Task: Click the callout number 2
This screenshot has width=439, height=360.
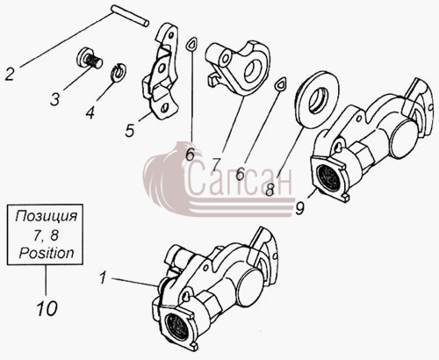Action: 9,74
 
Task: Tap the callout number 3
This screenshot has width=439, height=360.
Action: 54,98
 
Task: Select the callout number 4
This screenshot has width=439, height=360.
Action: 90,112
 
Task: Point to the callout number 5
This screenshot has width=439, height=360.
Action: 130,130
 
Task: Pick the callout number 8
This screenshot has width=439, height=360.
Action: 270,189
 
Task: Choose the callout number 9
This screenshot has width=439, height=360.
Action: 300,208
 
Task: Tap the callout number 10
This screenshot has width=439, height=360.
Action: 47,308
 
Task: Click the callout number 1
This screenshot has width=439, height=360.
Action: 103,278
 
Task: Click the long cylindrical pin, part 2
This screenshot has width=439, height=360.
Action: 130,17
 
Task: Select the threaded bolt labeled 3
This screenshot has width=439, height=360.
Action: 89,60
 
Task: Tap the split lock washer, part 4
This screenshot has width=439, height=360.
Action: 119,72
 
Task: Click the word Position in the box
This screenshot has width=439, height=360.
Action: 47,253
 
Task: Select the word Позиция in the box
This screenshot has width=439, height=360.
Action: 47,217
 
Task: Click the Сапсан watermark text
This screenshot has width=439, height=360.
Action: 240,178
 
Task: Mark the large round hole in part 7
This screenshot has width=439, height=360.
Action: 252,69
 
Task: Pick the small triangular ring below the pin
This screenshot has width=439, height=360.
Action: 191,44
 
